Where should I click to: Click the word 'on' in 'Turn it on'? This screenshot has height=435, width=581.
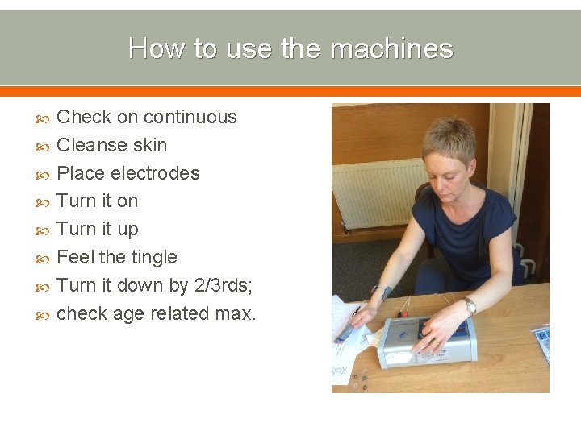127,201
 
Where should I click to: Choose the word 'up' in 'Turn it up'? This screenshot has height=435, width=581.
127,230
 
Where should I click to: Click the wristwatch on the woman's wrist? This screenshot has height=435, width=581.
469,305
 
